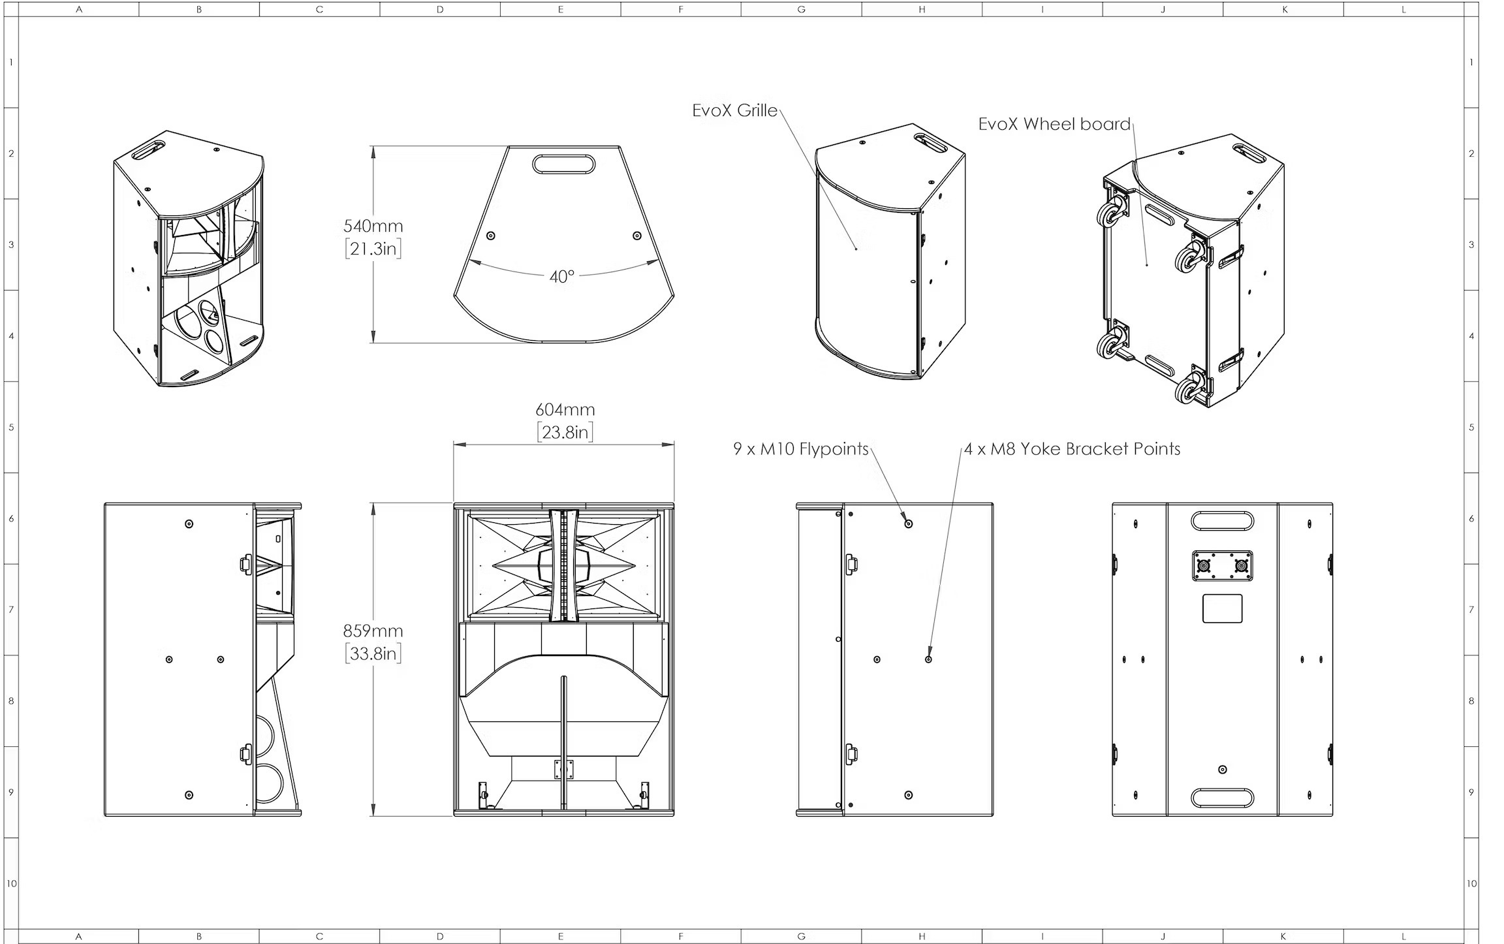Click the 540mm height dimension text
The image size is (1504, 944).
[x=373, y=226]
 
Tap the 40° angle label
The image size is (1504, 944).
[x=561, y=276]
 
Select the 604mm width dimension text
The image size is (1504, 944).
[x=565, y=409]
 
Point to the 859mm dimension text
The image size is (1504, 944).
[x=373, y=631]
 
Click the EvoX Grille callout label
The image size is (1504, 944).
[x=734, y=110]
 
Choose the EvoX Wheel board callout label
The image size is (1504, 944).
[x=1054, y=124]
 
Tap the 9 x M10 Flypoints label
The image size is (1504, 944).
[x=801, y=449]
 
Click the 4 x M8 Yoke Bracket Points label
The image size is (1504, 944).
[x=1073, y=449]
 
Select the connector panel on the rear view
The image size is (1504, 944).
[x=1223, y=565]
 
